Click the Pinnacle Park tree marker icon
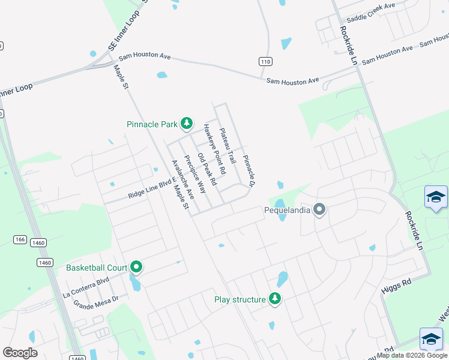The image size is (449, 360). pyautogui.click(x=187, y=124)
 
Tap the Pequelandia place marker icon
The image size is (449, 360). pyautogui.click(x=319, y=210)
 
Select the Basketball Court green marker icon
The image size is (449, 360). pyautogui.click(x=136, y=267)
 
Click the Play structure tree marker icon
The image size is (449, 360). pyautogui.click(x=275, y=298)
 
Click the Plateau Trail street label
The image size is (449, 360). pyautogui.click(x=227, y=146)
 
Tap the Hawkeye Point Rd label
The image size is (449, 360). pyautogui.click(x=214, y=149)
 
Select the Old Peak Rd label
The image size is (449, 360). pyautogui.click(x=206, y=169)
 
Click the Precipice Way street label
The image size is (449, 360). pyautogui.click(x=194, y=174)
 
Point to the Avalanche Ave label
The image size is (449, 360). pyautogui.click(x=182, y=179)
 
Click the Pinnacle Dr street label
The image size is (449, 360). pyautogui.click(x=249, y=170)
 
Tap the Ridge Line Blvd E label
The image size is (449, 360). pyautogui.click(x=151, y=188)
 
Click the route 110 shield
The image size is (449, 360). pyautogui.click(x=265, y=62)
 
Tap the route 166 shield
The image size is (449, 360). pyautogui.click(x=20, y=240)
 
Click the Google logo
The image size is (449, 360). pyautogui.click(x=20, y=353)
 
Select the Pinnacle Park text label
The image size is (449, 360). pyautogui.click(x=152, y=125)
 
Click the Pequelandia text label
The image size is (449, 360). pyautogui.click(x=288, y=211)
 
